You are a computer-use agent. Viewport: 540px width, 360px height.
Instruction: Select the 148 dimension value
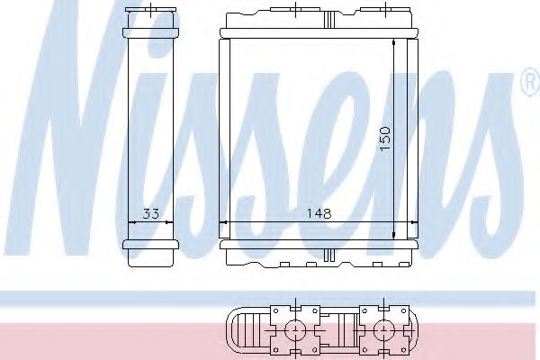319,214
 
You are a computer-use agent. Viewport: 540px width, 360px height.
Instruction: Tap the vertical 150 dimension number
386,136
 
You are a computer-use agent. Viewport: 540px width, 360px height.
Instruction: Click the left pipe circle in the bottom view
293,329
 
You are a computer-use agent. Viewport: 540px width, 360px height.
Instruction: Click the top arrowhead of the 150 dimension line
396,41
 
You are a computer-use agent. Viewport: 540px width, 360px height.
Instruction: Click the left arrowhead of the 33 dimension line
129,222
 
